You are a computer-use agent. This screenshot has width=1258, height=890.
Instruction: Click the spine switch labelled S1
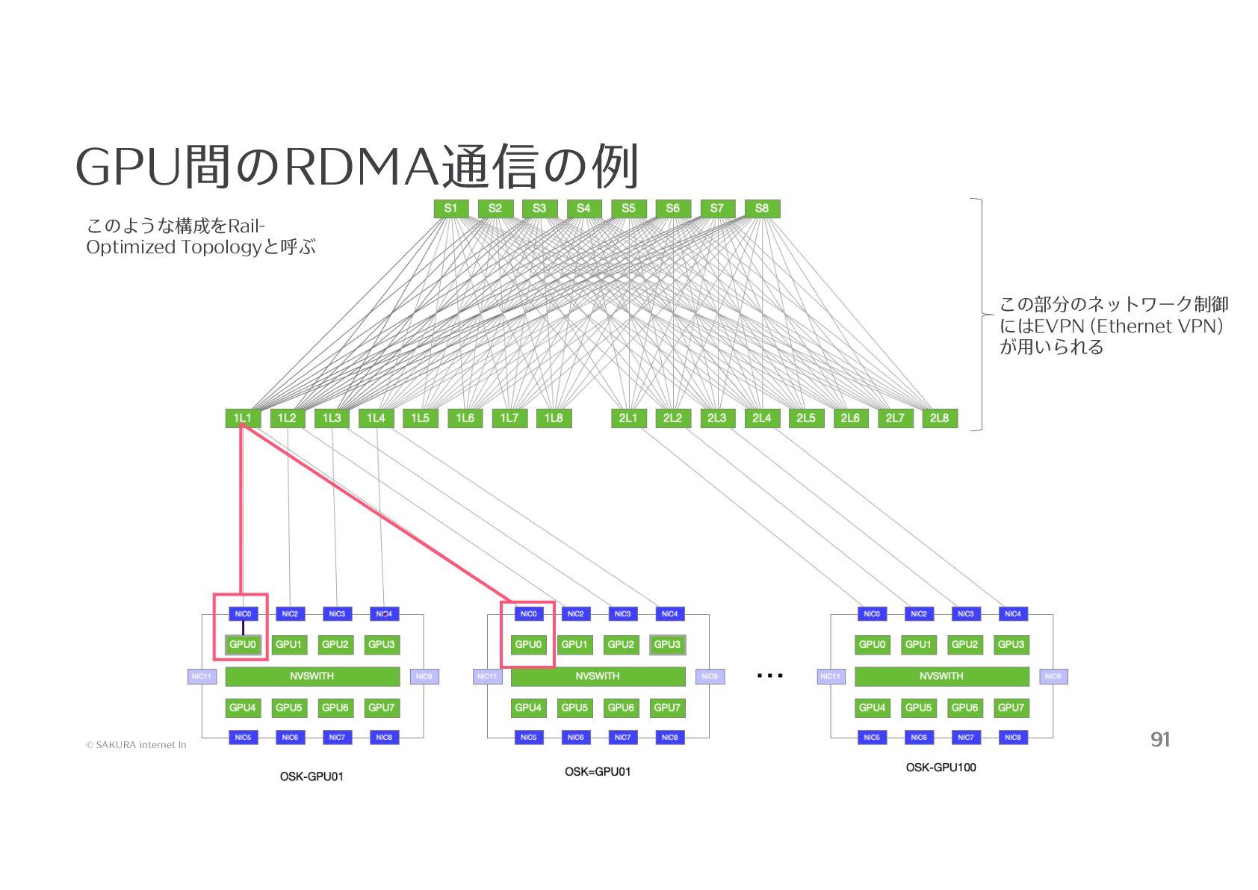(450, 208)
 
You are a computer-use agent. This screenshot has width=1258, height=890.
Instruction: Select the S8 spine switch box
(761, 208)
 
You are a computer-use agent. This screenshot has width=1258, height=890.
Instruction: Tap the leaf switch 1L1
(243, 418)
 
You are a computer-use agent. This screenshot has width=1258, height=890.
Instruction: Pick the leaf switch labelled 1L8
(554, 418)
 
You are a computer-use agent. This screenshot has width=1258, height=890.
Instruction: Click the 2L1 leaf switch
(628, 418)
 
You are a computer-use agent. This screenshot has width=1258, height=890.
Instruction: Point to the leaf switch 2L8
(939, 418)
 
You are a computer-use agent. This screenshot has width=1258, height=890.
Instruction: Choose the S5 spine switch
(628, 208)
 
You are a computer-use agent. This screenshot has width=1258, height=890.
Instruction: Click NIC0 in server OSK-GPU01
(243, 614)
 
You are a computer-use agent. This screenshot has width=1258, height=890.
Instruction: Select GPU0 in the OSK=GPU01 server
(528, 644)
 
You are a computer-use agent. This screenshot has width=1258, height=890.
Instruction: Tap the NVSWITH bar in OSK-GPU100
(941, 676)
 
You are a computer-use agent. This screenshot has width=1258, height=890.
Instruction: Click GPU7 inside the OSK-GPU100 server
(1011, 708)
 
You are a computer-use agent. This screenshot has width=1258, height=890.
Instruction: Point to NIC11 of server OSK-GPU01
(202, 676)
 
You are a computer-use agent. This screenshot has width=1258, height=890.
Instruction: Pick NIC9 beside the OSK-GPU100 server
(1053, 676)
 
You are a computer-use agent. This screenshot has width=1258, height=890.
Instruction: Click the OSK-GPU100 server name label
(941, 767)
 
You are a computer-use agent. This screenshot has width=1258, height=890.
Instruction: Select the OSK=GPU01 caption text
(598, 772)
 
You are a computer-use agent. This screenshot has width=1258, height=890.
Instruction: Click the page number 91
(1160, 740)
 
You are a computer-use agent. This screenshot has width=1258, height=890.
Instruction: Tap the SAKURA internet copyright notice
(135, 745)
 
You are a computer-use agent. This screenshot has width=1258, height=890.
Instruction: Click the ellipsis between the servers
(769, 676)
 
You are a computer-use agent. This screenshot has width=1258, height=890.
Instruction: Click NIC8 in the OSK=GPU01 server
(669, 738)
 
